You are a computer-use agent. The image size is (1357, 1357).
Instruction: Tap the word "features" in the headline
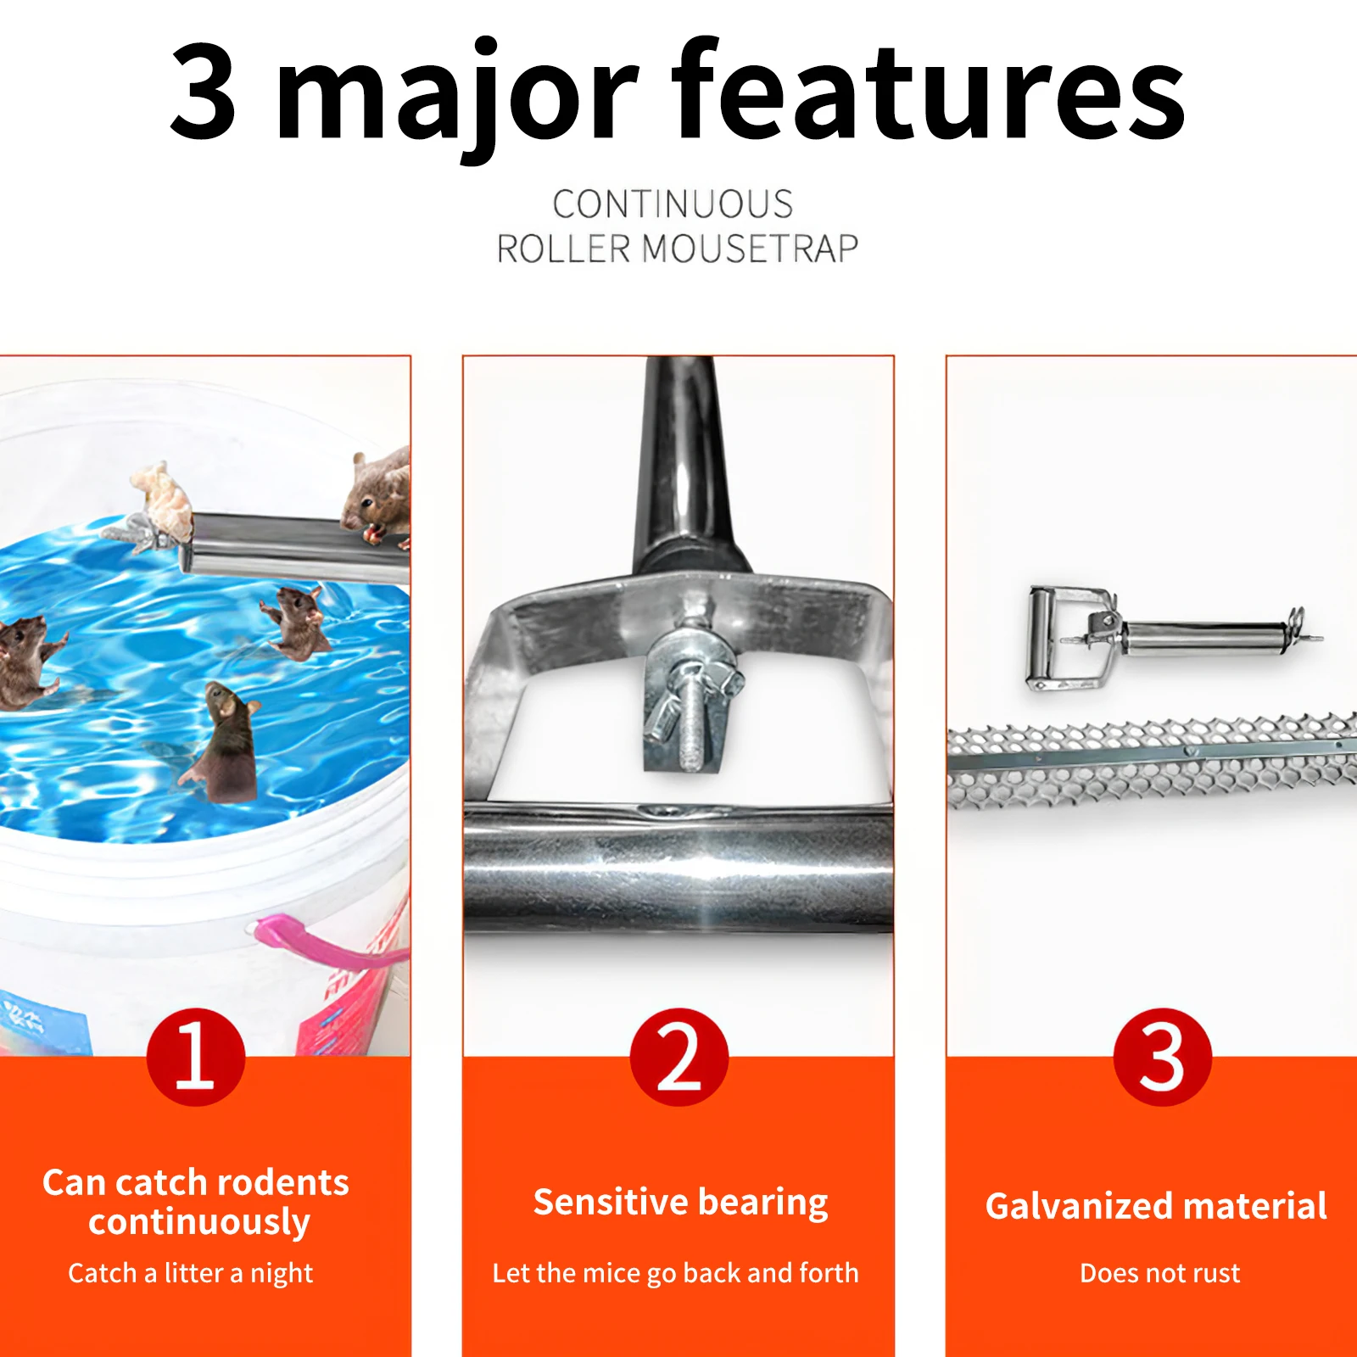tap(928, 92)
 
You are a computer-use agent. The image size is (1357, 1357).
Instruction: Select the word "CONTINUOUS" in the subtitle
tap(673, 204)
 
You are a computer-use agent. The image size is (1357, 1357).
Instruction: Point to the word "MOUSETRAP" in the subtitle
tap(750, 249)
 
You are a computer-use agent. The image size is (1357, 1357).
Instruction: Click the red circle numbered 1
tap(196, 1057)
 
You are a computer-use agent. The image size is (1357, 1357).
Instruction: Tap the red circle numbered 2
tap(678, 1057)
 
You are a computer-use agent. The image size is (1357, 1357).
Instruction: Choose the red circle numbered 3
tap(1162, 1057)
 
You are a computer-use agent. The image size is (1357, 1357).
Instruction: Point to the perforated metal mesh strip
tap(1152, 759)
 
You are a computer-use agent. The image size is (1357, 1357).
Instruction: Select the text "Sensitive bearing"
tap(680, 1202)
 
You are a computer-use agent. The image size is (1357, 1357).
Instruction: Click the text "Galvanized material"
tap(1156, 1206)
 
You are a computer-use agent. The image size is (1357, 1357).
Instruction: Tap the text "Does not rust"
tap(1159, 1273)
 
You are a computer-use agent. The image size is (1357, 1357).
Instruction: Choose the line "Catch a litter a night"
tap(191, 1273)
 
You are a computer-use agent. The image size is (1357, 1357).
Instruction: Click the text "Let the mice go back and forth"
tap(676, 1273)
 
